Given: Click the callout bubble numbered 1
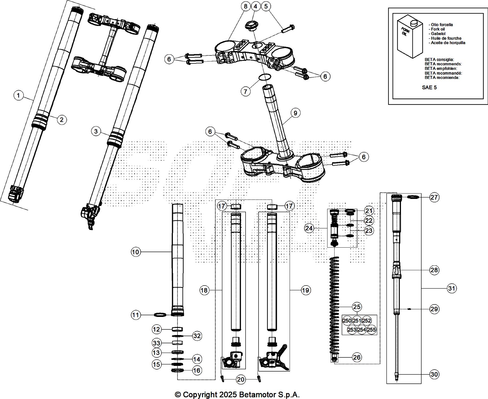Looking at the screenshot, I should point(18,95).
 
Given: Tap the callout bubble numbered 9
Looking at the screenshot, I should point(295,113).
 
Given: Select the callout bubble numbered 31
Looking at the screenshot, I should point(452,288).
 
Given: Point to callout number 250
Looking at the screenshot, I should point(347,321).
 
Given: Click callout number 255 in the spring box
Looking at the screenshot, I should point(372,329).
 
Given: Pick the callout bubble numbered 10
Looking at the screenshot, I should point(136,252).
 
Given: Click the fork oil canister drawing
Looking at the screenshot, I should point(410,38).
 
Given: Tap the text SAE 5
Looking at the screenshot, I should point(429,87).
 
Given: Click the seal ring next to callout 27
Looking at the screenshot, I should point(413,197).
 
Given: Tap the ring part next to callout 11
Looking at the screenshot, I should point(160,315).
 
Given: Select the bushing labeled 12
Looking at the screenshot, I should point(177,329).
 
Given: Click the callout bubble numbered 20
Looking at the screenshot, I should point(240,379).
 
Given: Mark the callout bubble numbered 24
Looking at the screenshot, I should point(309,228).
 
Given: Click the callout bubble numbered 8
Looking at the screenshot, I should point(245,6).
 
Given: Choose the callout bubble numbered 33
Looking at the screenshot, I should point(156,343).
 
